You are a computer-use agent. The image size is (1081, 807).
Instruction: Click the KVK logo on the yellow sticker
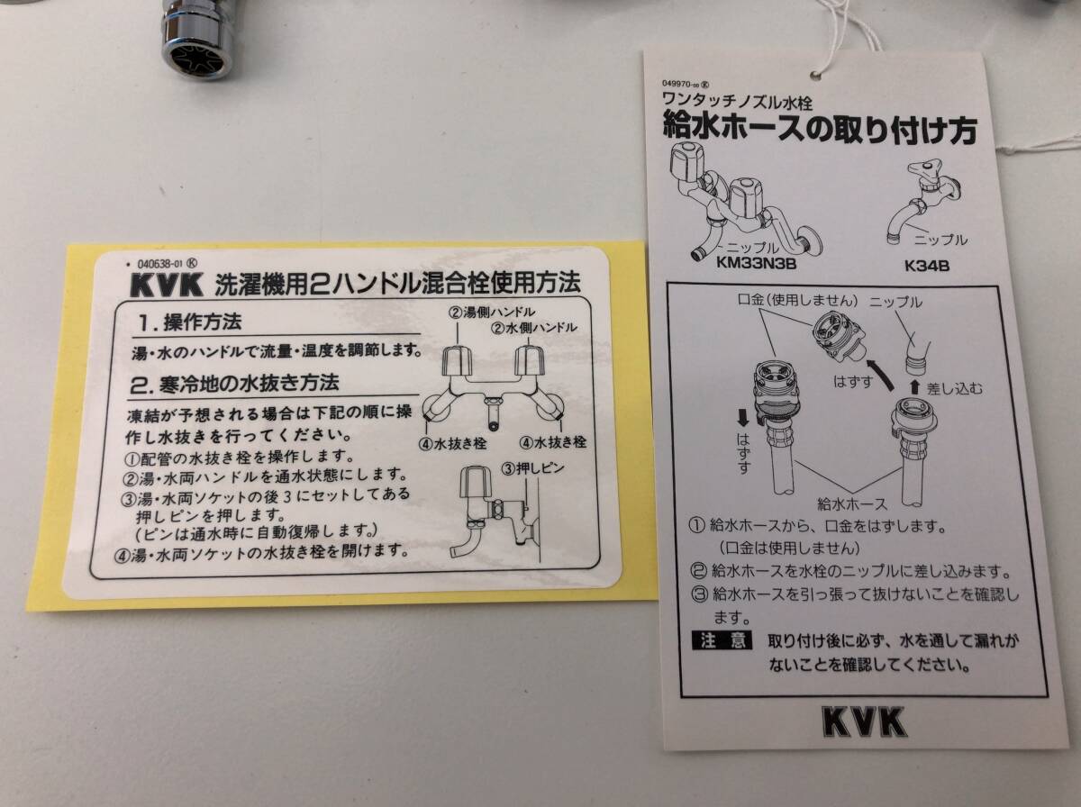point(167,286)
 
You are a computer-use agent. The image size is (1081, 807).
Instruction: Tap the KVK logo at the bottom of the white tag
point(863,721)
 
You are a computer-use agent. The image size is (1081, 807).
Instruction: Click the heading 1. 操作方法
point(190,322)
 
